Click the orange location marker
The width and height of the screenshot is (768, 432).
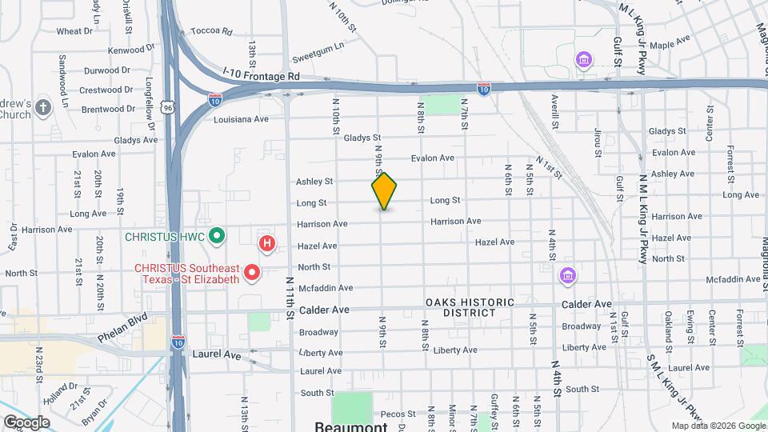(384, 190)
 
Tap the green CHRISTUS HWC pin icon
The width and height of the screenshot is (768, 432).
(215, 236)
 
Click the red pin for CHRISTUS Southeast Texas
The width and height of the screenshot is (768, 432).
(252, 274)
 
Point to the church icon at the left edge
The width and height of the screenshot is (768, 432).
(43, 106)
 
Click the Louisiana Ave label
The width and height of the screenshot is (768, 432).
(241, 119)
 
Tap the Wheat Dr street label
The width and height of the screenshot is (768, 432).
(74, 31)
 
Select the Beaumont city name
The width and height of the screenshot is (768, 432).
(351, 426)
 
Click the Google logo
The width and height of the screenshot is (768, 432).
(26, 422)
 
